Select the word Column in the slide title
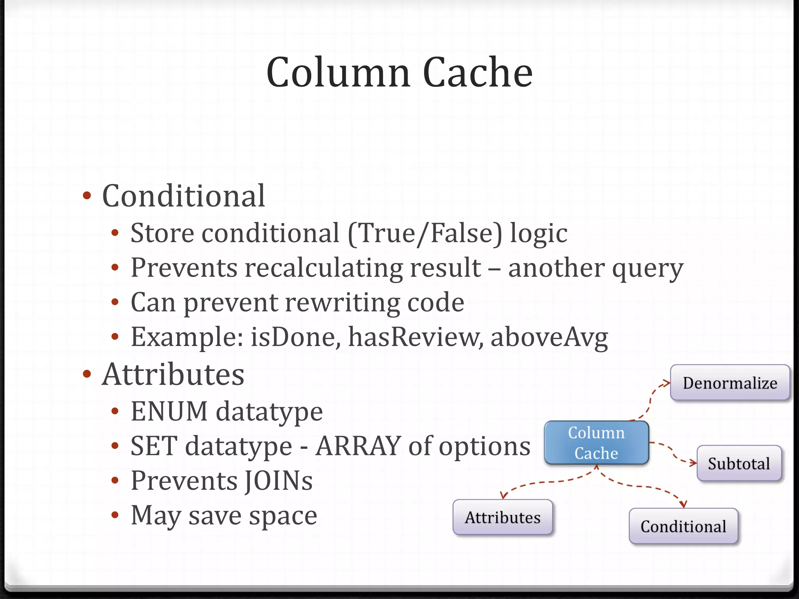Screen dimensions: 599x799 tap(338, 73)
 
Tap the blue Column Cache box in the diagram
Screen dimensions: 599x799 tap(596, 443)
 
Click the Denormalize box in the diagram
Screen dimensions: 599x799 tap(730, 383)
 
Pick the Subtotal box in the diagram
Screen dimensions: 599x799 tap(739, 464)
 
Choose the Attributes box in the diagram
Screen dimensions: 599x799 tap(502, 517)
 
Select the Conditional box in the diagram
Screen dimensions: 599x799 tap(683, 526)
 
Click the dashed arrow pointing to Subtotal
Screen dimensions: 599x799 tap(673, 452)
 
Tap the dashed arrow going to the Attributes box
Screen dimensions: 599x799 tap(546, 484)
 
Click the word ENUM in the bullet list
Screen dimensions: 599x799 tap(169, 411)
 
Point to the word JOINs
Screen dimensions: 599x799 tap(279, 480)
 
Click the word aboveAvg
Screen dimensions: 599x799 tap(549, 337)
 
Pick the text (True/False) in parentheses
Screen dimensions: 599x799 tap(425, 233)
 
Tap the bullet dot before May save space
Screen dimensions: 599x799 tap(115, 515)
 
